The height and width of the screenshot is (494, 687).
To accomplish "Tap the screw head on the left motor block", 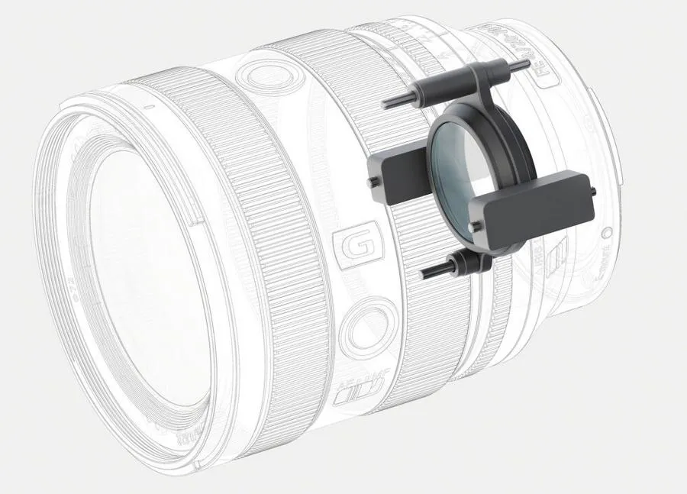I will [371, 182].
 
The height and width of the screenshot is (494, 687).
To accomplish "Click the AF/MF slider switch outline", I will [357, 394].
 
